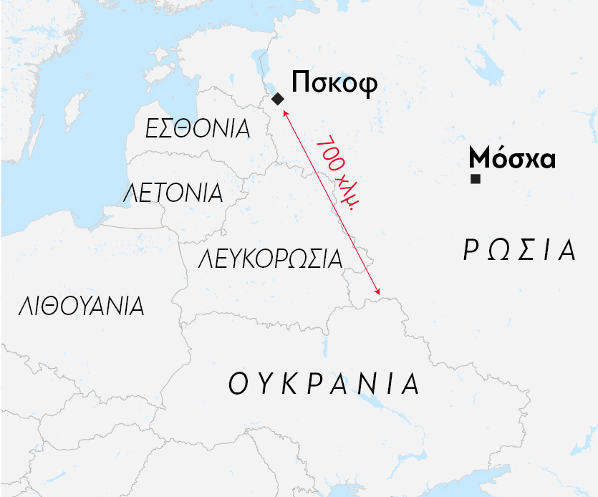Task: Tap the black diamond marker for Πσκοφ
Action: [277, 98]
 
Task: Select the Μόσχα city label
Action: [512, 158]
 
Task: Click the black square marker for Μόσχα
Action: [475, 178]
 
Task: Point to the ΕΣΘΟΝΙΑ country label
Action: [198, 129]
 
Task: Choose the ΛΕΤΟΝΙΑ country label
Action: [173, 193]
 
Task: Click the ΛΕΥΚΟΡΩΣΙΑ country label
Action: [271, 259]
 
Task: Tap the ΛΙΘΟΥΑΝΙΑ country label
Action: [82, 307]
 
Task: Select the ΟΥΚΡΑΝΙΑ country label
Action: [324, 385]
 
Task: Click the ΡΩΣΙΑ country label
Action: [519, 251]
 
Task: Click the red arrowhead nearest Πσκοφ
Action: [284, 112]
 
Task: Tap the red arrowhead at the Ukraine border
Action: [377, 291]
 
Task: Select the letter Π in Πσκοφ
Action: [301, 83]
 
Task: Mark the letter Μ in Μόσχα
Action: [479, 158]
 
